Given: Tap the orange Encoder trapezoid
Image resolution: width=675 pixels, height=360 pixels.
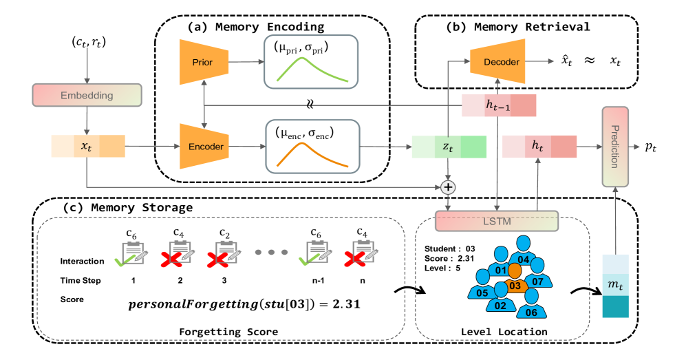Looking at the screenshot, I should click(204, 146).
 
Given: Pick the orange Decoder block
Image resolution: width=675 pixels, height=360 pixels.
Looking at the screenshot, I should click(495, 60).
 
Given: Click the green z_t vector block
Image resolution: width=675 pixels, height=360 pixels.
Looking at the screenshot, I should click(449, 147).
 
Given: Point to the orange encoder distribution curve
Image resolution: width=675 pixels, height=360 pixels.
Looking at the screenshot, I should click(312, 155).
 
